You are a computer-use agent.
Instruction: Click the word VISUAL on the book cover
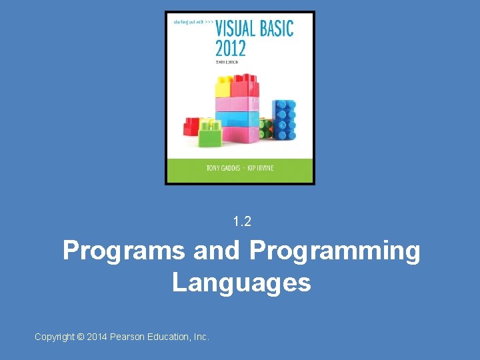pyautogui.click(x=237, y=28)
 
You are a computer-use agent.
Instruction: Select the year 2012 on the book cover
pyautogui.click(x=230, y=48)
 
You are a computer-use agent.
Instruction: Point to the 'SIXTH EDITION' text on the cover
pyautogui.click(x=226, y=61)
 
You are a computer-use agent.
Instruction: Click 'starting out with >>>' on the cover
pyautogui.click(x=193, y=22)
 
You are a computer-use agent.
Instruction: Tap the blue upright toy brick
pyautogui.click(x=284, y=120)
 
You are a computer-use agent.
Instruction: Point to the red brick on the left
pyautogui.click(x=191, y=125)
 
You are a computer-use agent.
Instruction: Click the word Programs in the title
pyautogui.click(x=123, y=251)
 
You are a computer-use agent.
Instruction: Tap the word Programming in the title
pyautogui.click(x=335, y=251)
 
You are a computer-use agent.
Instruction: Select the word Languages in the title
pyautogui.click(x=241, y=283)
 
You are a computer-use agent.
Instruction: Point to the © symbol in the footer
pyautogui.click(x=81, y=337)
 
